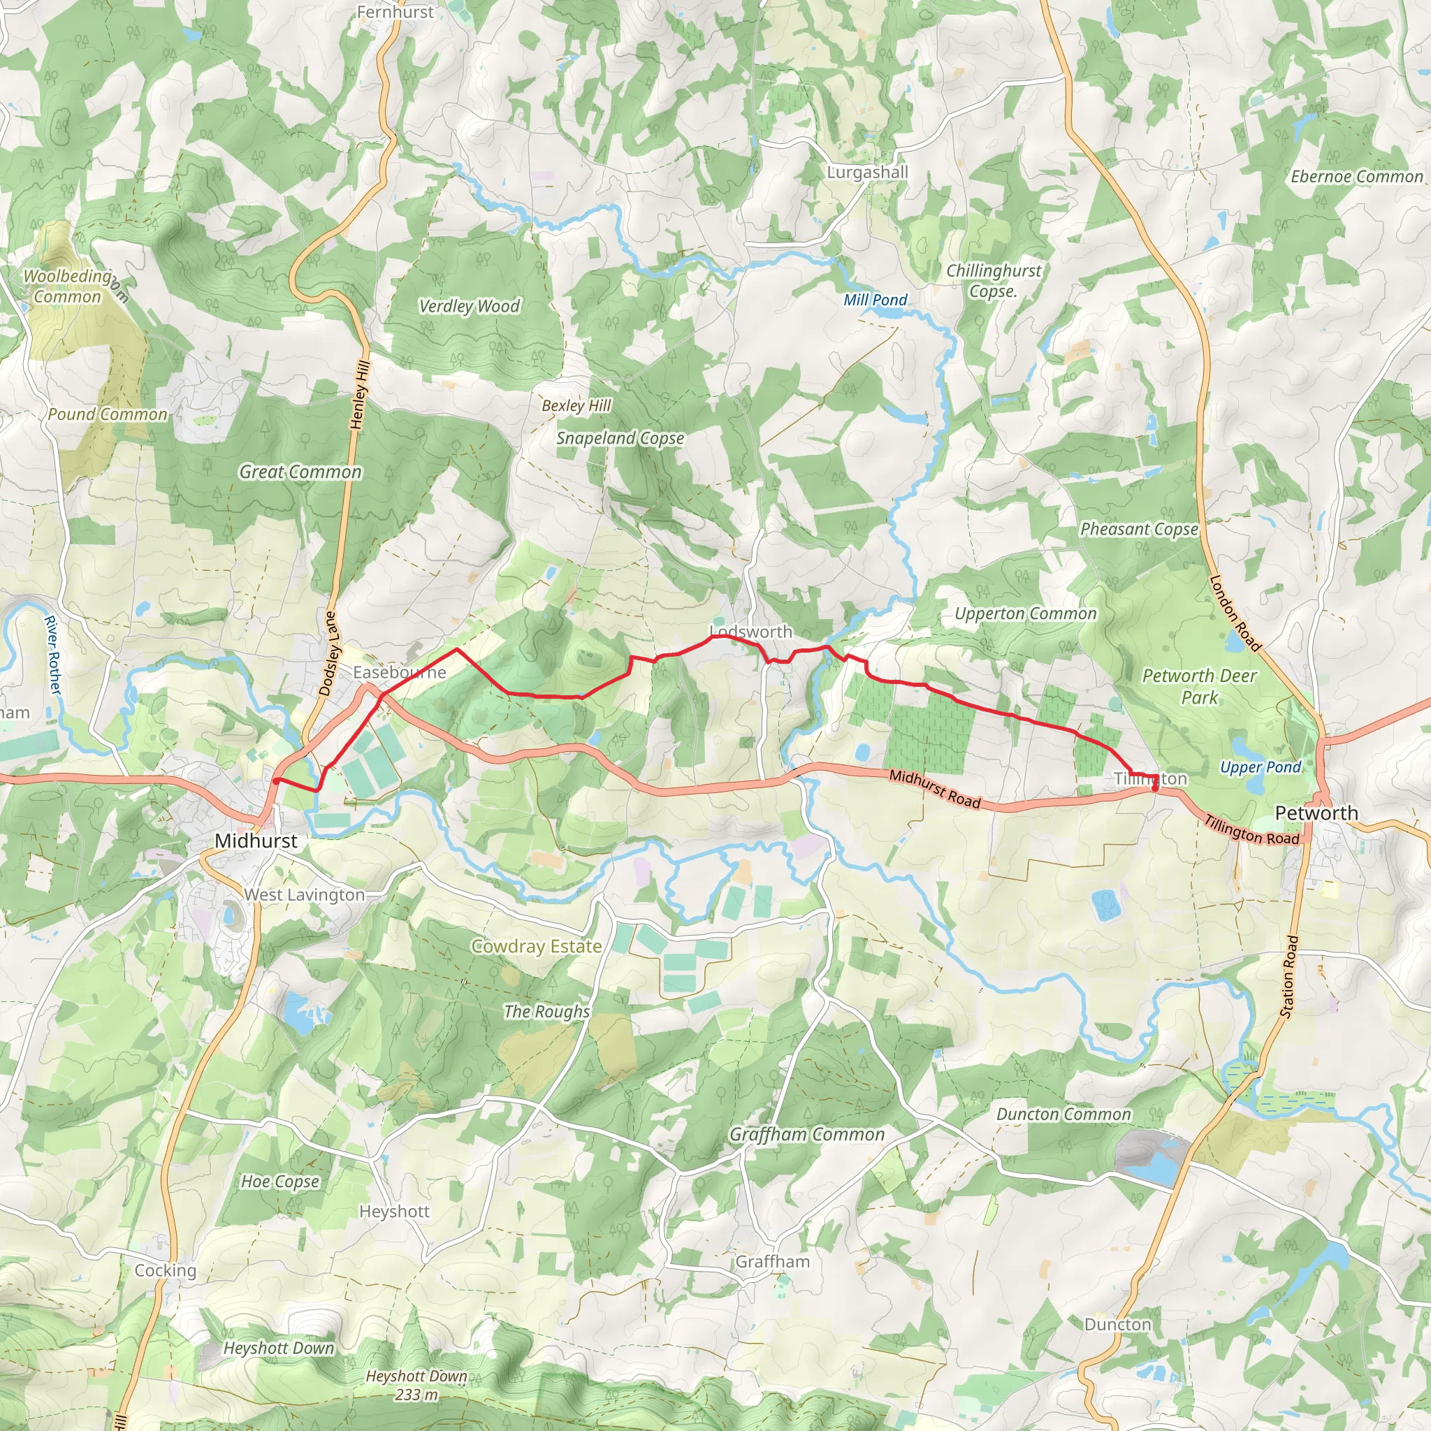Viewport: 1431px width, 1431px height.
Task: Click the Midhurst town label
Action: click(256, 841)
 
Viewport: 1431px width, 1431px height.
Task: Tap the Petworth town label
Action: click(1316, 813)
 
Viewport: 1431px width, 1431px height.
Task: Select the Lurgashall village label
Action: click(867, 172)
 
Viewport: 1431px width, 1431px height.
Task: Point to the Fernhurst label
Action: click(395, 12)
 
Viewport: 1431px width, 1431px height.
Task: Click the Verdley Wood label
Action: click(469, 306)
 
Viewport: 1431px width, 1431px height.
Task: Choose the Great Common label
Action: click(300, 472)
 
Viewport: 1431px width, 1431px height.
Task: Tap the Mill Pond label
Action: click(875, 300)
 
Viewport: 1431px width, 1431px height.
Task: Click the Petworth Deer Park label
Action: click(1199, 686)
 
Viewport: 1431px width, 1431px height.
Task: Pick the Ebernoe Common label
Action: click(1356, 176)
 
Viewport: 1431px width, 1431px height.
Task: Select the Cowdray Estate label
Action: click(536, 946)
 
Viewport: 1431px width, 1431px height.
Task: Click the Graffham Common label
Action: click(806, 1134)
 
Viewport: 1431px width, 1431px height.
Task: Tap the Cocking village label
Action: click(165, 1270)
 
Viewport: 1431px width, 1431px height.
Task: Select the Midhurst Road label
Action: click(934, 789)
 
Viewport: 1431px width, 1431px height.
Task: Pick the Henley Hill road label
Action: click(359, 395)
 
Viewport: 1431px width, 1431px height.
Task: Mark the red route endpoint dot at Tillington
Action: click(1155, 787)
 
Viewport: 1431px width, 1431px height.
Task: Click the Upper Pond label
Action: click(1260, 767)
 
